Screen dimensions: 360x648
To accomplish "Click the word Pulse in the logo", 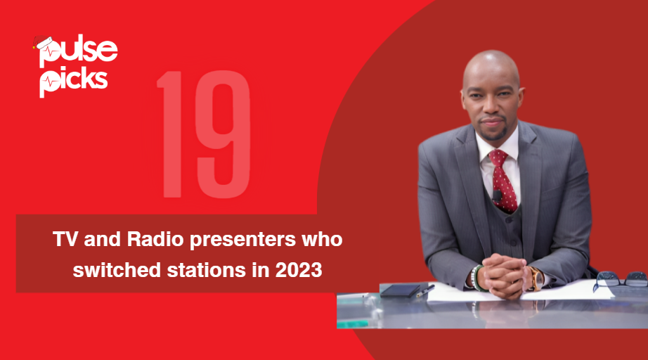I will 79,51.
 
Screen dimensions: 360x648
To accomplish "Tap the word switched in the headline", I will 110,269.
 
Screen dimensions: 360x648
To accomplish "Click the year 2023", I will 300,269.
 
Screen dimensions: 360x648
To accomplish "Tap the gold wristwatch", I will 536,278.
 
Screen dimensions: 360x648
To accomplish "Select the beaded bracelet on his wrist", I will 477,278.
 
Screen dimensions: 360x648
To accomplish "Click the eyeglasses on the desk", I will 619,281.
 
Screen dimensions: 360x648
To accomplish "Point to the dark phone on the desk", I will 399,290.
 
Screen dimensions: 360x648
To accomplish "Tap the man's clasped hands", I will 505,274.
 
